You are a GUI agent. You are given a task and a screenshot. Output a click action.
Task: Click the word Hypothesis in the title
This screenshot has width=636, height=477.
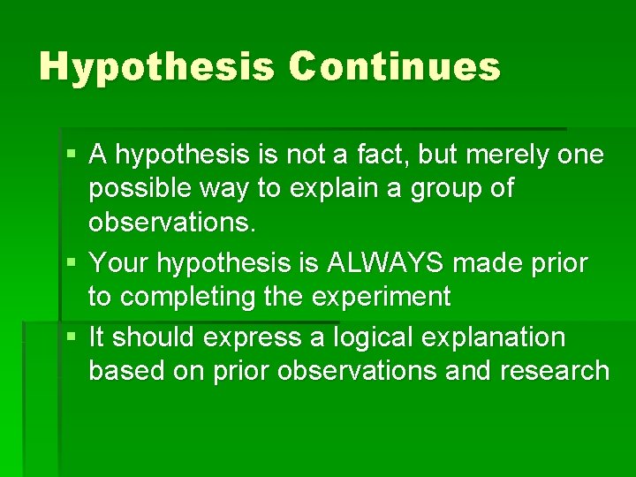point(156,67)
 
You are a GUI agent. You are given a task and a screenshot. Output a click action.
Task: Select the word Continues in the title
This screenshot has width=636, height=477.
point(394,67)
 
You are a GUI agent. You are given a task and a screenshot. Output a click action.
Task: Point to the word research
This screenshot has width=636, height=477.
point(555,371)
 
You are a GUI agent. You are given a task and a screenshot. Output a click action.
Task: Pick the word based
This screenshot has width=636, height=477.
point(126,371)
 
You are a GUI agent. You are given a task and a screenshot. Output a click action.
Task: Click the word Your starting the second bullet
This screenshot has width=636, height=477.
point(118,263)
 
